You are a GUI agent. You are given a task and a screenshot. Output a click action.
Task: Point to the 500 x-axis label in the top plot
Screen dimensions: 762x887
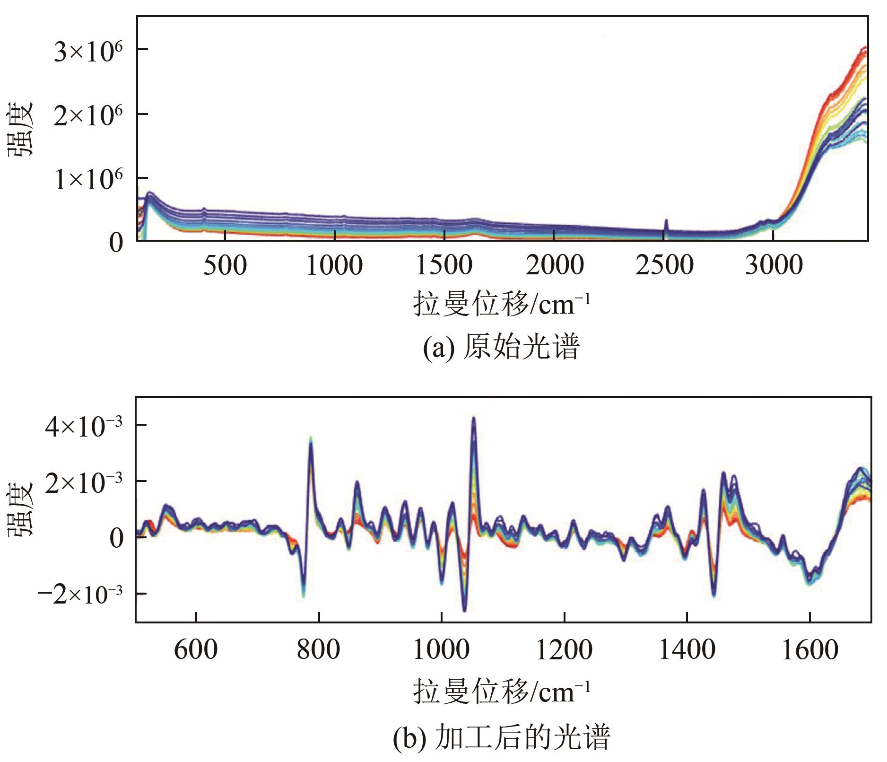pyautogui.click(x=225, y=265)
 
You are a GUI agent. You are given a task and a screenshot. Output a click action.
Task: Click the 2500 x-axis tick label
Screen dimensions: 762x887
pyautogui.click(x=664, y=265)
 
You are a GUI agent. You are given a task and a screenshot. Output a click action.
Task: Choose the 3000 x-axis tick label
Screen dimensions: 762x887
pyautogui.click(x=774, y=265)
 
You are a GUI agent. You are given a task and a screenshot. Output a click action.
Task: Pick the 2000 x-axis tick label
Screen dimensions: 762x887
pyautogui.click(x=555, y=265)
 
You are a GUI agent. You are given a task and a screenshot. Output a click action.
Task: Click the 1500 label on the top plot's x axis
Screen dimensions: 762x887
pyautogui.click(x=444, y=265)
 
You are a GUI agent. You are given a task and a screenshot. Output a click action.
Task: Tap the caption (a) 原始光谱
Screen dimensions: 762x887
pyautogui.click(x=501, y=348)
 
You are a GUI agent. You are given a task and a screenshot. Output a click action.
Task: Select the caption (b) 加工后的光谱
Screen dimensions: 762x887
pyautogui.click(x=501, y=736)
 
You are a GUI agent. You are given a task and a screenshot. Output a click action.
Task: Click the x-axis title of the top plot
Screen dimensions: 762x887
pyautogui.click(x=501, y=304)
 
